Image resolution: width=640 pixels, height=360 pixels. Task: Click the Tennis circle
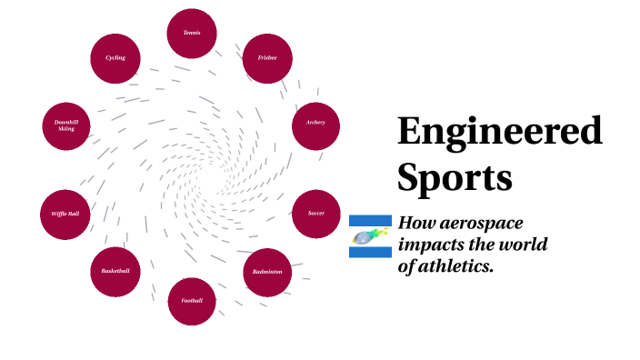pyautogui.click(x=192, y=33)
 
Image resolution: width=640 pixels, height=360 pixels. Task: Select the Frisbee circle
pyautogui.click(x=267, y=59)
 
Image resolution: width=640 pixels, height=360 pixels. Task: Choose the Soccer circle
pyautogui.click(x=316, y=214)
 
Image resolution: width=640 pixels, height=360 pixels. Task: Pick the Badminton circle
pyautogui.click(x=267, y=272)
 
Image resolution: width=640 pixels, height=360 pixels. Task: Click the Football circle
pyautogui.click(x=192, y=301)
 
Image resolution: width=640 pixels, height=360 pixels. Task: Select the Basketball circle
pyautogui.click(x=115, y=272)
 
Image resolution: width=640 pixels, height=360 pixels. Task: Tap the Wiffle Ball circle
pyautogui.click(x=65, y=215)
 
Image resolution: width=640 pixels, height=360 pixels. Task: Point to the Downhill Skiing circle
pyautogui.click(x=65, y=126)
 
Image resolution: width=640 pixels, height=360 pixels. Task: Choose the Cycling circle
pyautogui.click(x=115, y=58)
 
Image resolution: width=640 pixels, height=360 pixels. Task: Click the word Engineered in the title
pyautogui.click(x=499, y=133)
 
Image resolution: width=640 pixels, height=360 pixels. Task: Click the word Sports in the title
pyautogui.click(x=455, y=176)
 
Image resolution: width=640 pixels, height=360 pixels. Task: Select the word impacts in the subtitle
pyautogui.click(x=432, y=245)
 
